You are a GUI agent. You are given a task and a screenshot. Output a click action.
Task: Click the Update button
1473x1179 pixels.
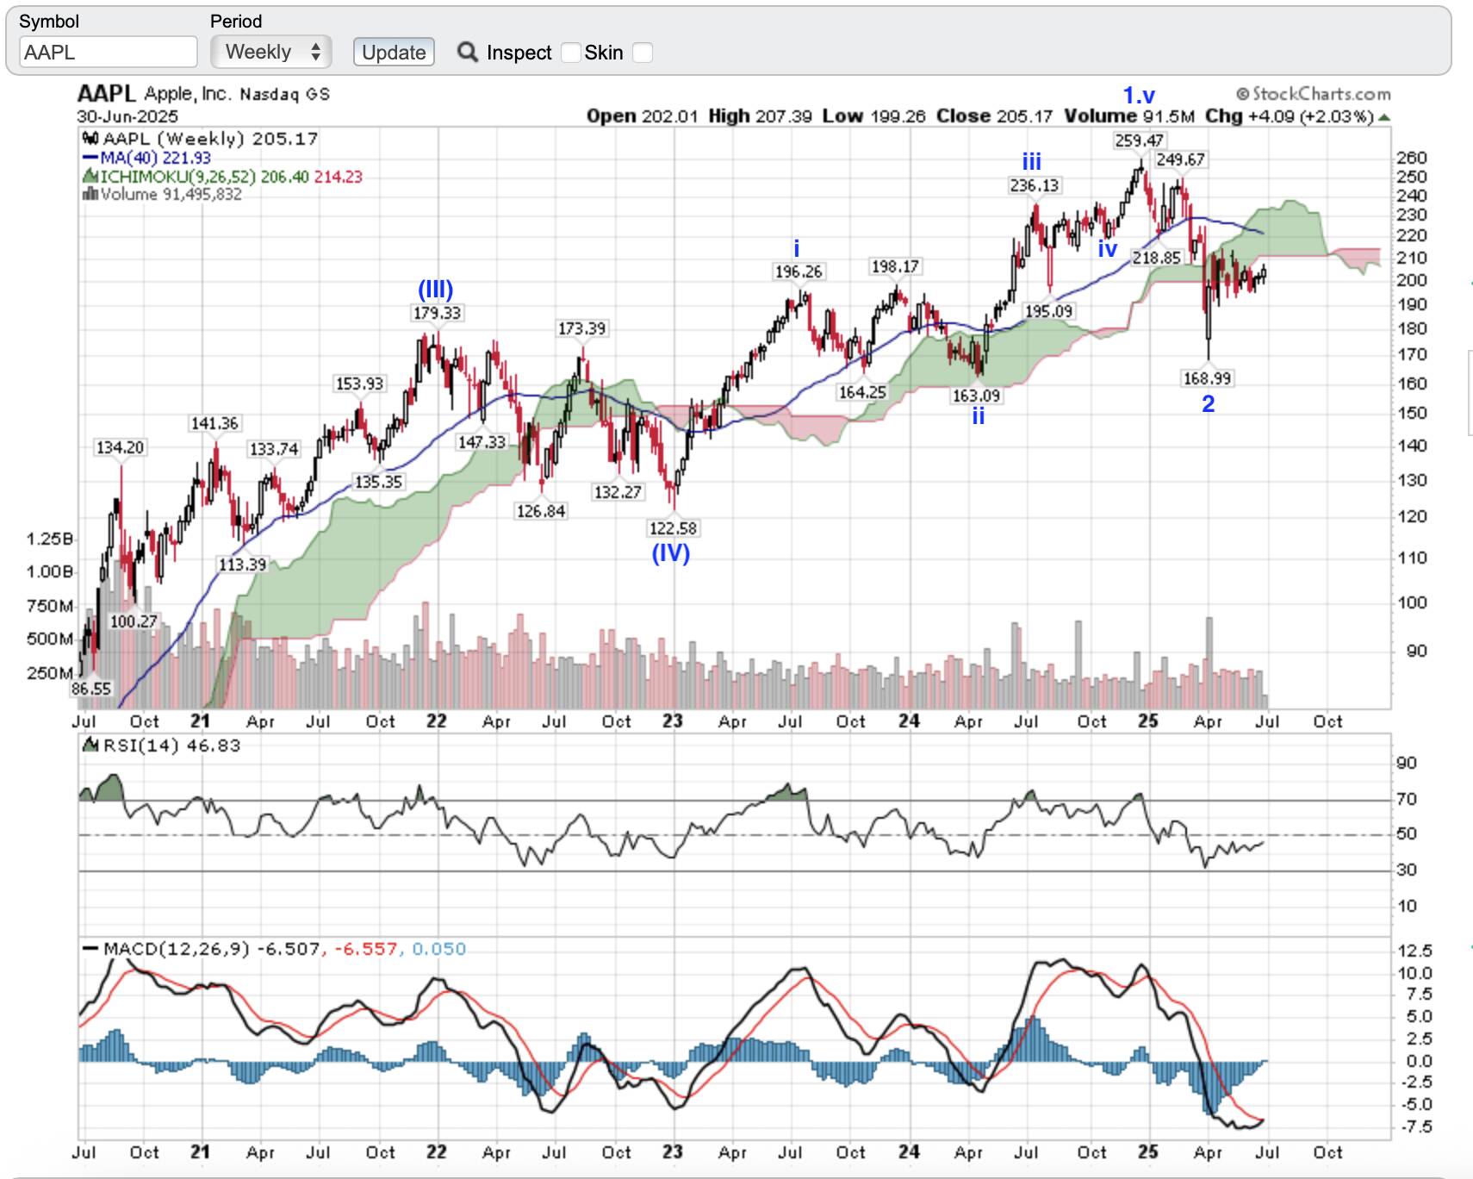(394, 53)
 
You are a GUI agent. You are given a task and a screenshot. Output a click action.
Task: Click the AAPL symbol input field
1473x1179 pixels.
(108, 53)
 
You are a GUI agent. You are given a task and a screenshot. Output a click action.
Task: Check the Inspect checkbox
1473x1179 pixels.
(570, 53)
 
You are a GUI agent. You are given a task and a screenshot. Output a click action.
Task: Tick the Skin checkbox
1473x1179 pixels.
(643, 53)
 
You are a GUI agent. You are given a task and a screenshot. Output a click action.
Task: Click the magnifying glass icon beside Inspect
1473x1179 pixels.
(468, 53)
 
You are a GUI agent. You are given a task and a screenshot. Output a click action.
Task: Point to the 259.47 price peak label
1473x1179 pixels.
(1139, 140)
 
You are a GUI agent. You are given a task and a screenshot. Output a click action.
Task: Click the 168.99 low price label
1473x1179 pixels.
(1207, 378)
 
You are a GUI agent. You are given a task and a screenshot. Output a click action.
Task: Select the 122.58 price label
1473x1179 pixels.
(673, 528)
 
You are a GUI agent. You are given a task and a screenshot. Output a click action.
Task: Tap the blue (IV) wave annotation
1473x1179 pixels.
(670, 552)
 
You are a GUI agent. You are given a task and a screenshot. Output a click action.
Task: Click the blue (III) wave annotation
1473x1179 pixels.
(435, 289)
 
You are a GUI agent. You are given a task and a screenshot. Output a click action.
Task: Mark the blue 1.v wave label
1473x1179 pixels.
(1138, 96)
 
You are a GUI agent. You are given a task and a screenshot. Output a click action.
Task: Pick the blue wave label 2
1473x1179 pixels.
(1208, 403)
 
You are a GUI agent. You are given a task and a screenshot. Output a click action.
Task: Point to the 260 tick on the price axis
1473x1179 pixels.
(1412, 158)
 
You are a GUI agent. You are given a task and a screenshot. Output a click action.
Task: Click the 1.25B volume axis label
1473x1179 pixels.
(49, 540)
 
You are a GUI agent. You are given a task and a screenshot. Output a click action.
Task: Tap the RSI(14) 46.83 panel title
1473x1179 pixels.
(171, 745)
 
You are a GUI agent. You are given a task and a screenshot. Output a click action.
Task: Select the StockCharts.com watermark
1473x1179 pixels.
(1314, 94)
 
